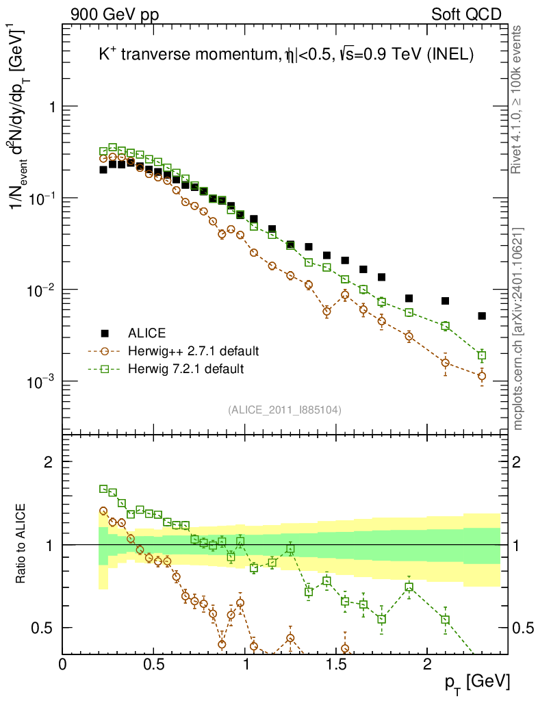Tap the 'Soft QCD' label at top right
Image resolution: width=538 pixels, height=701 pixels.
pos(466,14)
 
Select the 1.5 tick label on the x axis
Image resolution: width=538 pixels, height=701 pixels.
pos(336,663)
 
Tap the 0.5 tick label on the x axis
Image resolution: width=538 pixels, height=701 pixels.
pos(154,663)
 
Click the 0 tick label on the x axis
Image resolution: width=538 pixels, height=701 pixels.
pos(63,663)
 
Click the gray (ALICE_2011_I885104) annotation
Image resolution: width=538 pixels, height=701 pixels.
pos(285,409)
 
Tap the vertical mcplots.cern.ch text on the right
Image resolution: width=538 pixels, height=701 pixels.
pos(520,329)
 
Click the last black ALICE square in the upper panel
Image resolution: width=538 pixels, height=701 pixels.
pos(482,316)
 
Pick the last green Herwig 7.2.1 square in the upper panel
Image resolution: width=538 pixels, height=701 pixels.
pos(482,355)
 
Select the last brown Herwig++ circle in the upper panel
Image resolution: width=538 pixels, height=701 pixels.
pos(482,376)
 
